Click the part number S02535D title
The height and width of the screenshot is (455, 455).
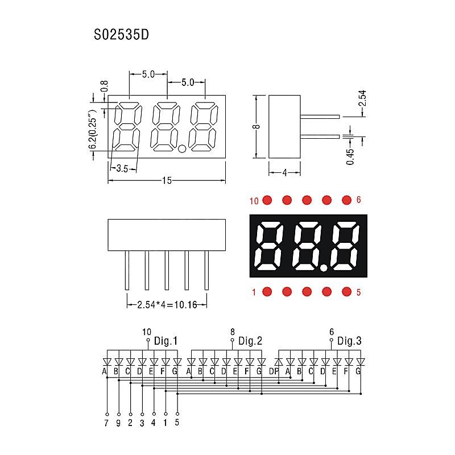tap(121, 35)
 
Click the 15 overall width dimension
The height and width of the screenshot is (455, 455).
tap(167, 180)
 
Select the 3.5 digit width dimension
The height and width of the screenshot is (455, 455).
tap(122, 168)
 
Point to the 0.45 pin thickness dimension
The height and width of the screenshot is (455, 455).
tap(350, 157)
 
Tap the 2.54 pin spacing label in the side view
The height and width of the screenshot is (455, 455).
tap(362, 98)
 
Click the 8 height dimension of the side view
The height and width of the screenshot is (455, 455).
tap(257, 126)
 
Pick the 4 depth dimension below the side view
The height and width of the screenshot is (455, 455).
tap(284, 173)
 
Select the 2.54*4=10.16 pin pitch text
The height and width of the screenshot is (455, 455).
tap(167, 305)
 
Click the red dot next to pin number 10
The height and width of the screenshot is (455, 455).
tap(267, 200)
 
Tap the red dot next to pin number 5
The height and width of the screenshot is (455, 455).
tap(346, 292)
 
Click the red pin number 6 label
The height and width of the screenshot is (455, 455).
tap(359, 200)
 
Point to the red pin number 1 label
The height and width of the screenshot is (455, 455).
tap(254, 292)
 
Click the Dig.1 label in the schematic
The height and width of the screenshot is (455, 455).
tap(166, 341)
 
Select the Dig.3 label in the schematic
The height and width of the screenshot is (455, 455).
tap(349, 341)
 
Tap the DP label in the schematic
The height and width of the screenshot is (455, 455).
tap(274, 371)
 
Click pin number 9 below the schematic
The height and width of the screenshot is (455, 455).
tap(118, 423)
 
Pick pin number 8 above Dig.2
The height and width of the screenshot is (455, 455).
tap(233, 332)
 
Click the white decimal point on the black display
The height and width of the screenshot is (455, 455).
tap(324, 268)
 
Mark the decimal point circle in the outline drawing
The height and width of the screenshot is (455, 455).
tap(182, 148)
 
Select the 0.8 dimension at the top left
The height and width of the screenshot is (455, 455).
tap(104, 86)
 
